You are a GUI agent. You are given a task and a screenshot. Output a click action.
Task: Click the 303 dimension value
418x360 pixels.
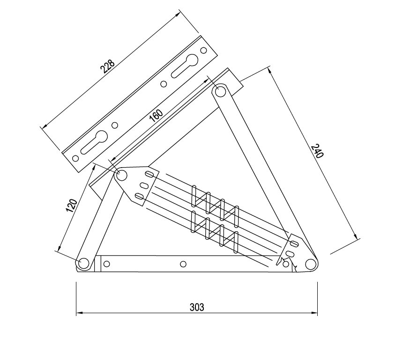197,307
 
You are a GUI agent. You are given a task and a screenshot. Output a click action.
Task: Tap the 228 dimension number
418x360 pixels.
107,66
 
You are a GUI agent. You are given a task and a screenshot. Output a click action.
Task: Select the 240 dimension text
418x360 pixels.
317,151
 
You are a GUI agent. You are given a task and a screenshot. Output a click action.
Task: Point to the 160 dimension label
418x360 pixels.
156,116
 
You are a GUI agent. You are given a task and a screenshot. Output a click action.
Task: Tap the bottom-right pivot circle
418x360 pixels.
310,264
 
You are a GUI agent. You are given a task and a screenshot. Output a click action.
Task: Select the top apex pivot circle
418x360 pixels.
220,91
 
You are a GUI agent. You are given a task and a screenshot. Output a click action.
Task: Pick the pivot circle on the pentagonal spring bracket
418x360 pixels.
122,175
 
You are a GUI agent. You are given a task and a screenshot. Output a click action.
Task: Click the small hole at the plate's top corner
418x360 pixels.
203,50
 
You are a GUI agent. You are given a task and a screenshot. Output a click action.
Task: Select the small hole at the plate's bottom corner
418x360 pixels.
76,158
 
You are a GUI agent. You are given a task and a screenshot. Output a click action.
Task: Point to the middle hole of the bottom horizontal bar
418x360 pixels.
183,264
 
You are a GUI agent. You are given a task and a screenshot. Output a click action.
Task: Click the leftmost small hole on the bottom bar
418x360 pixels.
106,264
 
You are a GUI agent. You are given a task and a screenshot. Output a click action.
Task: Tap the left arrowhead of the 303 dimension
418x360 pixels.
79,313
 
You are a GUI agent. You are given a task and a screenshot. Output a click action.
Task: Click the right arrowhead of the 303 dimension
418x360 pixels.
314,313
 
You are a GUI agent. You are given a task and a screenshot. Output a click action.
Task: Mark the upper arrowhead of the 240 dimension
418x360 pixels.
270,70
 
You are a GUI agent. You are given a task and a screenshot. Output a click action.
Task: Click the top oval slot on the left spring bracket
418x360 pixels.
149,174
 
